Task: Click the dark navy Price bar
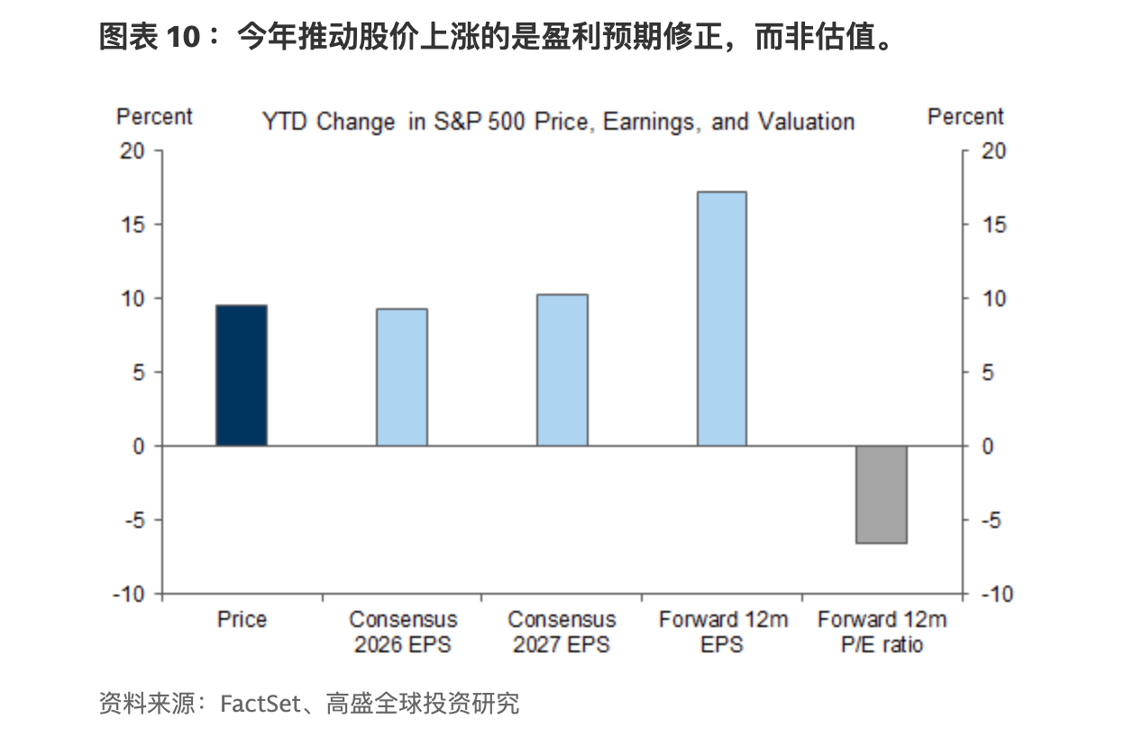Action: pyautogui.click(x=242, y=376)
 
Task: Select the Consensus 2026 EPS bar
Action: pyautogui.click(x=402, y=378)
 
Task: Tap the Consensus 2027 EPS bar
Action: pyautogui.click(x=562, y=369)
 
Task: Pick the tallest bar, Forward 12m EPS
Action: pyautogui.click(x=722, y=319)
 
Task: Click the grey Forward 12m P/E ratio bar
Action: pyautogui.click(x=882, y=495)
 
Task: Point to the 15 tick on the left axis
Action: pyautogui.click(x=133, y=224)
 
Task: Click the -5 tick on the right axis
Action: pyautogui.click(x=992, y=520)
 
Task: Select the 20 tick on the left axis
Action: pyautogui.click(x=133, y=150)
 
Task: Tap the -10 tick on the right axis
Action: pyautogui.click(x=997, y=594)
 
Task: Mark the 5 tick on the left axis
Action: pyautogui.click(x=139, y=373)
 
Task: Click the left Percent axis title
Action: pyautogui.click(x=154, y=117)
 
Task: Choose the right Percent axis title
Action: pyautogui.click(x=965, y=117)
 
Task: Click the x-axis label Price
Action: pyautogui.click(x=242, y=620)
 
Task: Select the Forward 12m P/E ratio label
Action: pyautogui.click(x=882, y=632)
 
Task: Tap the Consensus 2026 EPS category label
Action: pyautogui.click(x=403, y=632)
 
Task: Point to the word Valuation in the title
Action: pyautogui.click(x=807, y=122)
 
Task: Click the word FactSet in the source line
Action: pyautogui.click(x=261, y=704)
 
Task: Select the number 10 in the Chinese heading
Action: pyautogui.click(x=183, y=37)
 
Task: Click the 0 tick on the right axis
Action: pyautogui.click(x=988, y=446)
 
